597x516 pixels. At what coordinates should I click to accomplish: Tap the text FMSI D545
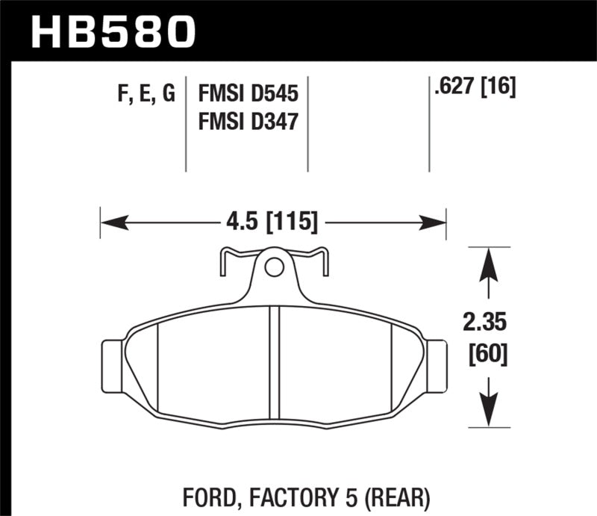(x=248, y=94)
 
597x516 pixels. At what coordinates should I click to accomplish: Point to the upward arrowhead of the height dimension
(x=488, y=262)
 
